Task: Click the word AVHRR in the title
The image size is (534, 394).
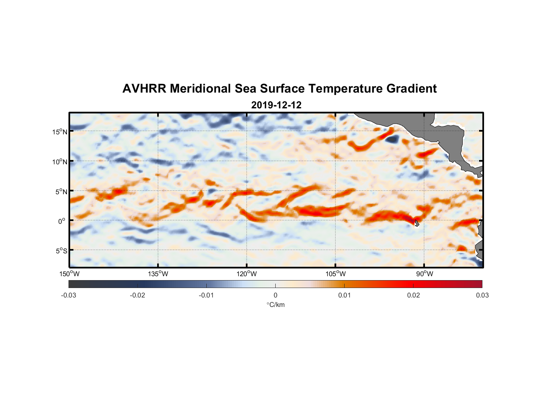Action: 144,89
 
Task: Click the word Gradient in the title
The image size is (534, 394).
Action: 412,89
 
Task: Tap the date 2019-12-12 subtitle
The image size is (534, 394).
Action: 276,105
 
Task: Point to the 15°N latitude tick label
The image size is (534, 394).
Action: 60,132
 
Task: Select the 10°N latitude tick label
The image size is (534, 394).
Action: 60,162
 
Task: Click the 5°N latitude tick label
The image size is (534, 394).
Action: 61,191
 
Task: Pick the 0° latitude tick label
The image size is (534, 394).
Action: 62,221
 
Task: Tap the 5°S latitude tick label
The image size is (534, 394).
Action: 61,251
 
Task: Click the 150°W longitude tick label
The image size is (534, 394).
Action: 69,274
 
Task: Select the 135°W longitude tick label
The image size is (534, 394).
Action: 158,274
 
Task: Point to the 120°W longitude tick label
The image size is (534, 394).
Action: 247,274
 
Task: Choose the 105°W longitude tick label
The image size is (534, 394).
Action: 336,274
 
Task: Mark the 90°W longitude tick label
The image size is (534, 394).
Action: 425,274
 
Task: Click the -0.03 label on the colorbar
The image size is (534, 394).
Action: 69,295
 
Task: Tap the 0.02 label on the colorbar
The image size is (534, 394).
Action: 413,295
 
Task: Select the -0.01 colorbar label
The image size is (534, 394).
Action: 206,295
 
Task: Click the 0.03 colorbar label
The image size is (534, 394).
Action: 482,295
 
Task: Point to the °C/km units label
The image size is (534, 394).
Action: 275,305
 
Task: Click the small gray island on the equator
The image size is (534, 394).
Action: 416,223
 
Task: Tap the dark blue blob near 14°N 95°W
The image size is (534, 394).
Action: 392,139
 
